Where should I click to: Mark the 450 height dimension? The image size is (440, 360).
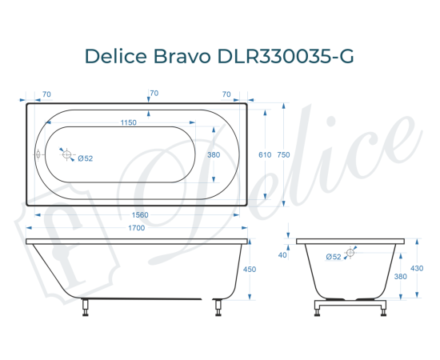(249, 270)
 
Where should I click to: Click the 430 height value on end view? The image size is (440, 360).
(416, 268)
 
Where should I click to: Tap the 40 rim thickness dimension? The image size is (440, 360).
(282, 255)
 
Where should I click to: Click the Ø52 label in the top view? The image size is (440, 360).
(86, 158)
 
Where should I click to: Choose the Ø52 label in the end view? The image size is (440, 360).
(334, 256)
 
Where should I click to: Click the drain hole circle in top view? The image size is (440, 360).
(67, 154)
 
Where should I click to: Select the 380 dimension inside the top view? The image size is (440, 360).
(214, 155)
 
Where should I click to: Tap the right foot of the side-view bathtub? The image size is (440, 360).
(216, 306)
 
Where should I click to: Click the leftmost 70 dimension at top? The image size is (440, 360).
(46, 94)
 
